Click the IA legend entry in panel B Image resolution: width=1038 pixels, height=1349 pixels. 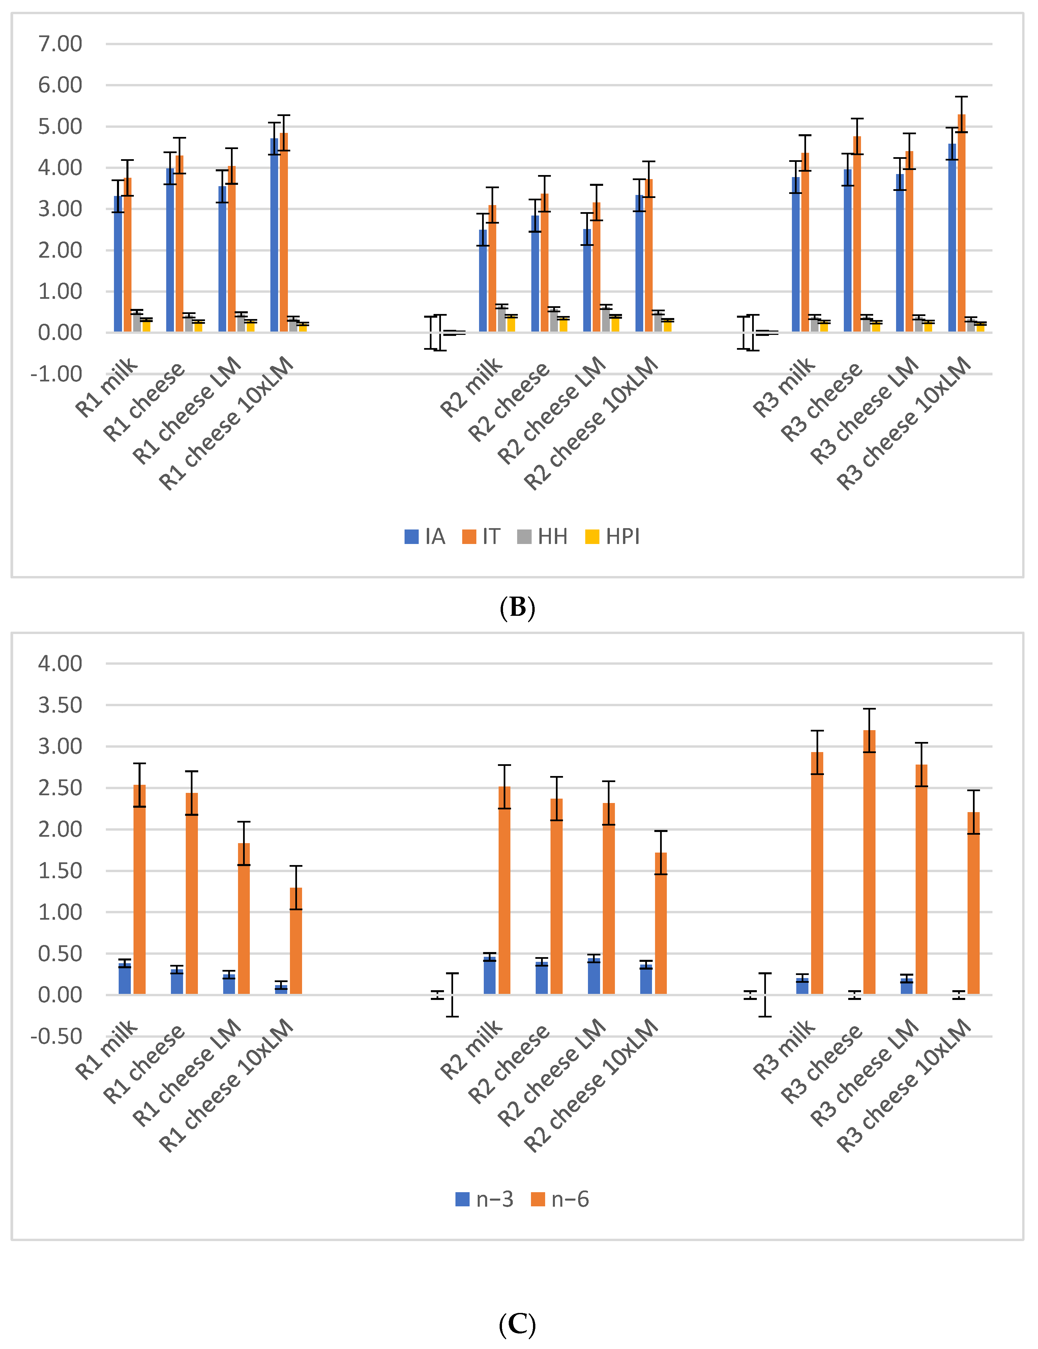tap(425, 537)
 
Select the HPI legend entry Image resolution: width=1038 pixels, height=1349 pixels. tap(613, 537)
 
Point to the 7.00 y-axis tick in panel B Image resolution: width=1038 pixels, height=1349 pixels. tap(60, 44)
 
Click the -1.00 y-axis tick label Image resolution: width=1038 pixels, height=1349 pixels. tap(56, 374)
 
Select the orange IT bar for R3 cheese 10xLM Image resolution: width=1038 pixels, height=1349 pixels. tap(961, 224)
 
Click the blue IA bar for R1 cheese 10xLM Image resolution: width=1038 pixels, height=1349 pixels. tap(274, 235)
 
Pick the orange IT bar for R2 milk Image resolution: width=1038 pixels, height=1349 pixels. tap(492, 269)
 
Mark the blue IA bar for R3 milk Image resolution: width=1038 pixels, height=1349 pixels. tap(796, 255)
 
